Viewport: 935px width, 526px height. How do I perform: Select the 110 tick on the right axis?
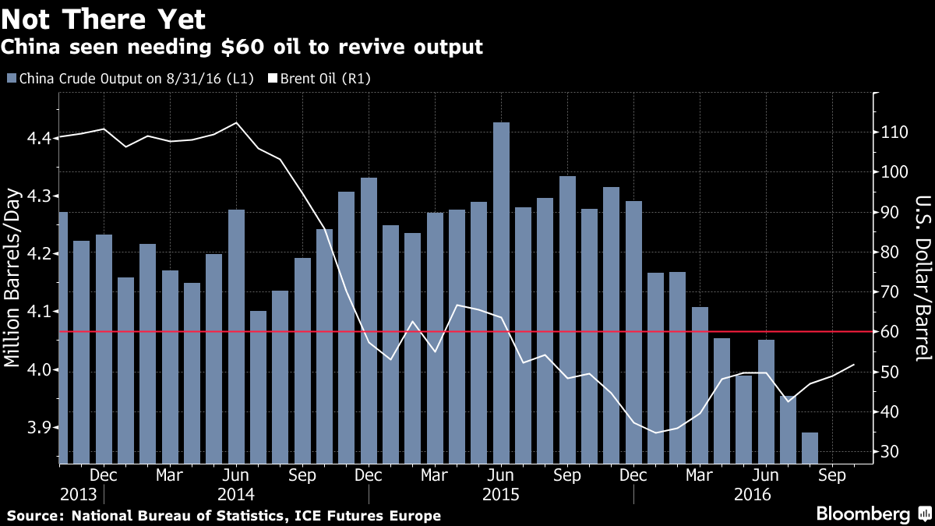coord(891,132)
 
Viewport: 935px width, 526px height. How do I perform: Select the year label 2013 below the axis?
coord(78,494)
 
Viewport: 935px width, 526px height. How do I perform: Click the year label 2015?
coord(501,494)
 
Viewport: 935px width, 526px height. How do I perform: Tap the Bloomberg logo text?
coord(863,514)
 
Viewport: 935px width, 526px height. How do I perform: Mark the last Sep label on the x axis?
coord(832,475)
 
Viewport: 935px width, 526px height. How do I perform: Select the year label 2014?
coord(236,494)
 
